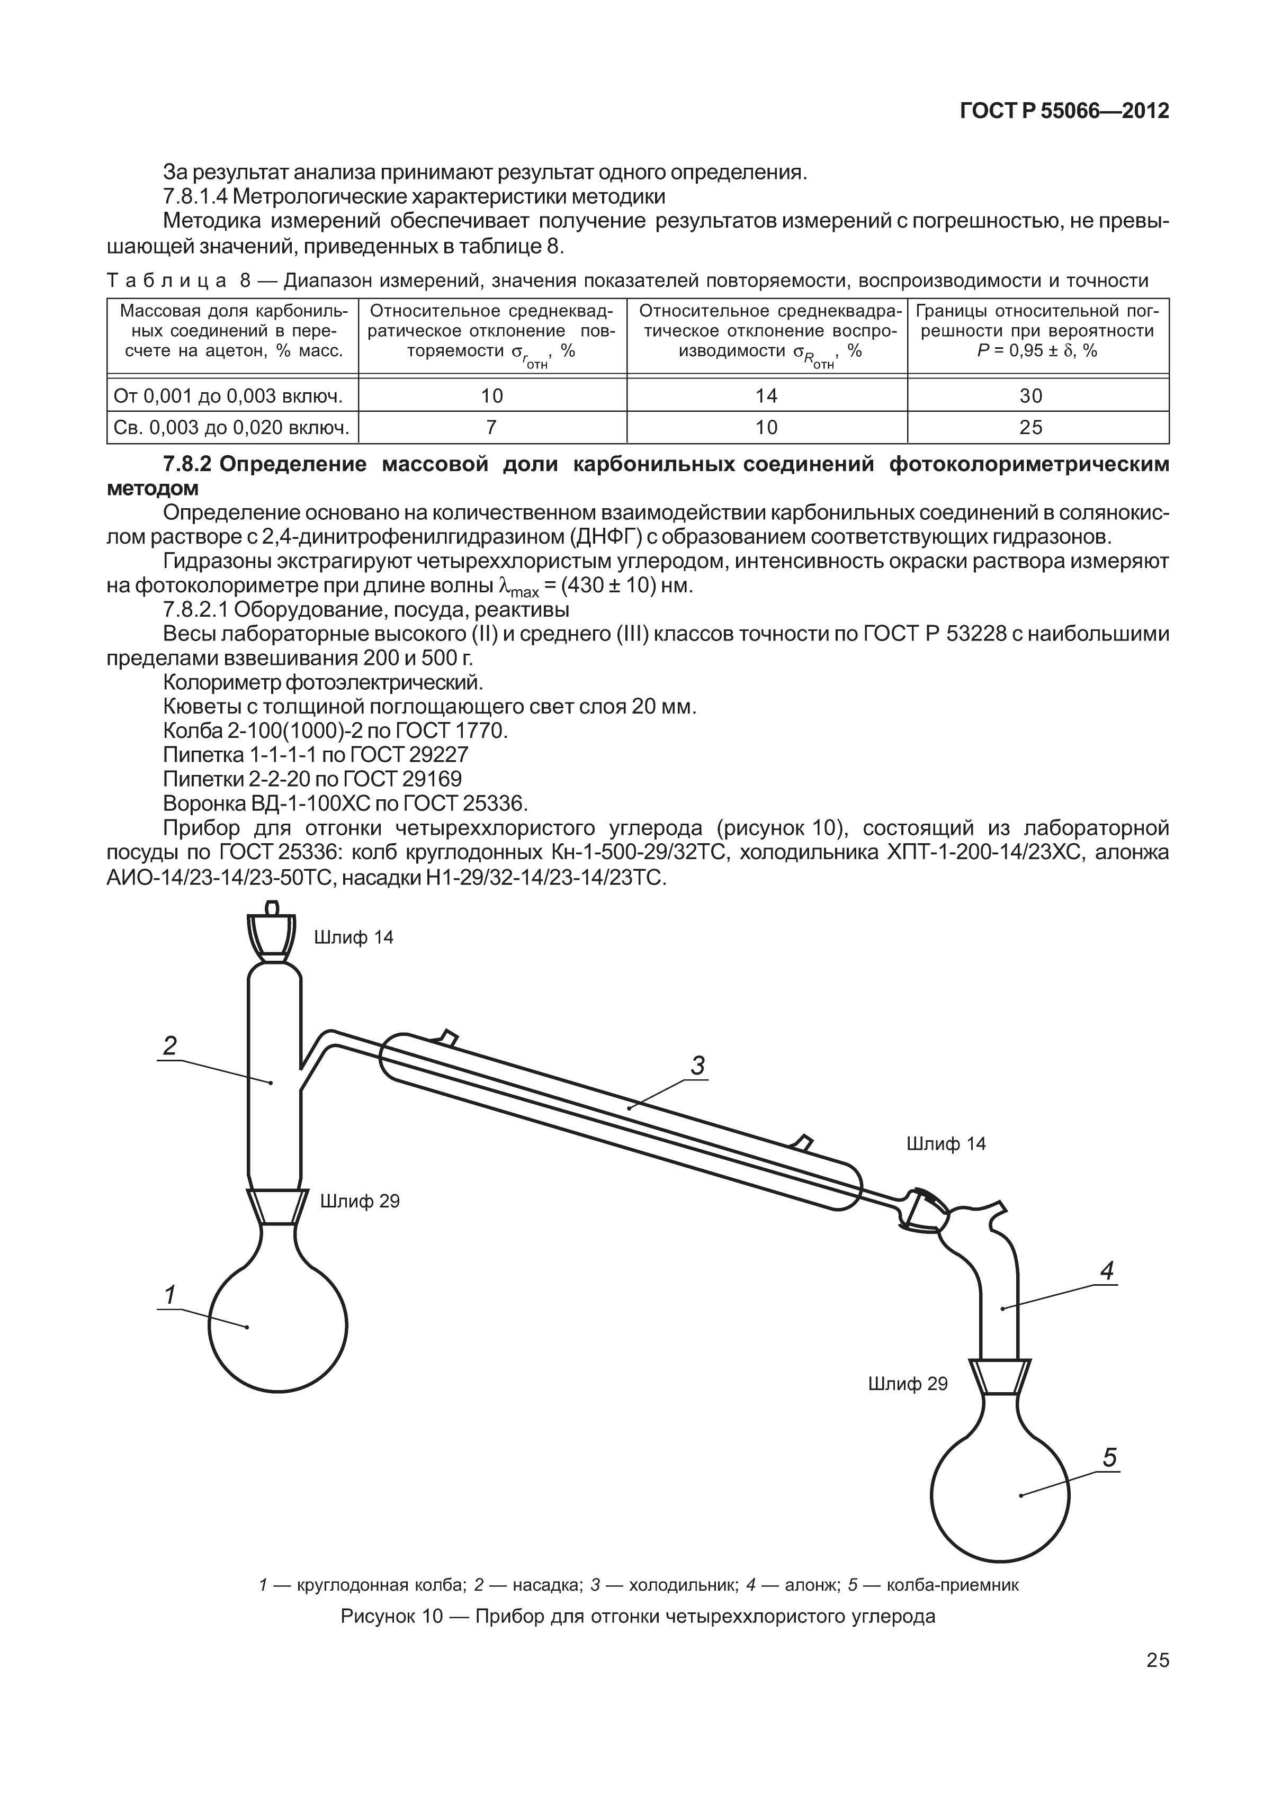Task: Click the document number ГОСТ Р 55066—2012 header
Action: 1063,111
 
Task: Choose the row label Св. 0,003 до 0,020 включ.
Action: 231,427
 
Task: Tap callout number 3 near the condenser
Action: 697,1066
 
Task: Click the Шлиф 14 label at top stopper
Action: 353,937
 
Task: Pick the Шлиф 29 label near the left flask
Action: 360,1201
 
